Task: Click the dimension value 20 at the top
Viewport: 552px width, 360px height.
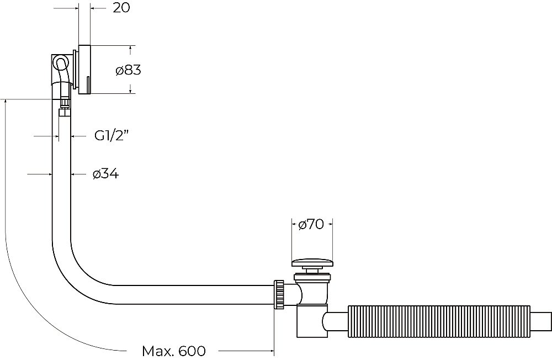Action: pos(121,7)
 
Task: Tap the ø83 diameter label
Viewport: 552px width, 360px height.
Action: pos(128,70)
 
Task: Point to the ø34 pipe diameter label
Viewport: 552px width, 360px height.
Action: pos(105,174)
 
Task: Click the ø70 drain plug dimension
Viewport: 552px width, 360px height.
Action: pos(311,224)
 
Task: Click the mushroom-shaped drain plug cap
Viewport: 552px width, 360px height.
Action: pos(312,263)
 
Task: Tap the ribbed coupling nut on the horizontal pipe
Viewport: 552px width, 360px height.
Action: pos(279,294)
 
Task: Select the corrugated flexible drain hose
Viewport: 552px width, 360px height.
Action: pos(439,321)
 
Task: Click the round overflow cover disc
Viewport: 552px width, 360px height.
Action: pos(84,70)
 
